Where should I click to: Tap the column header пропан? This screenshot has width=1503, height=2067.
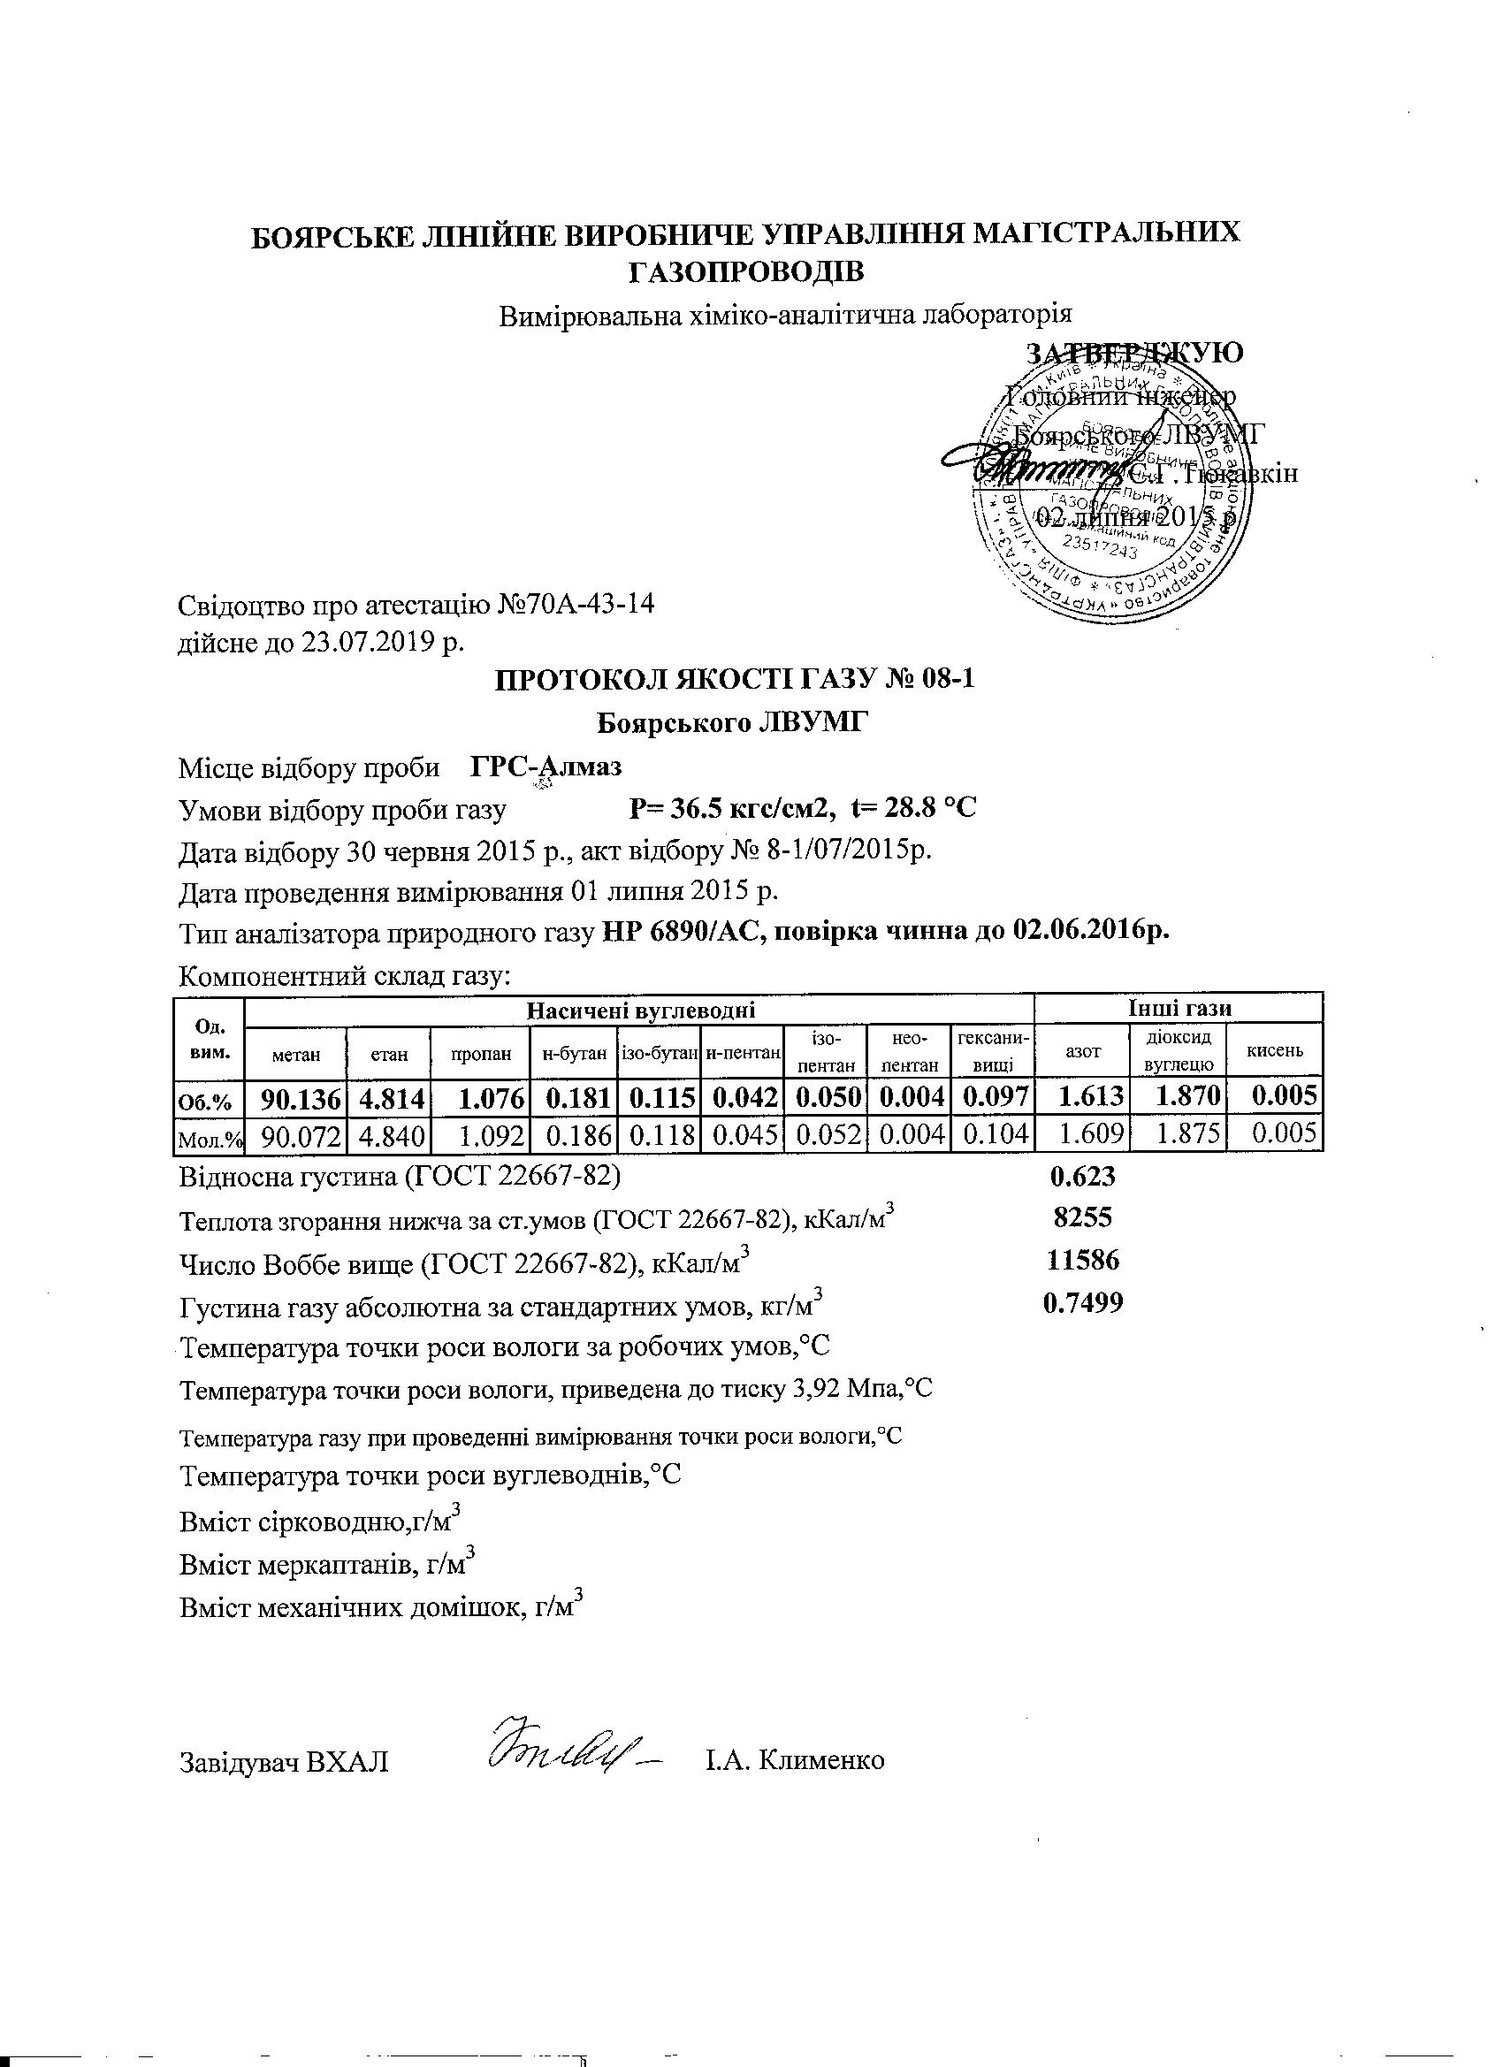[x=480, y=1054]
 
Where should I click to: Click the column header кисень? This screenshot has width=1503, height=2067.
[x=1274, y=1051]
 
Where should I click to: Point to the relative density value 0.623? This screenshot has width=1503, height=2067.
[x=1082, y=1177]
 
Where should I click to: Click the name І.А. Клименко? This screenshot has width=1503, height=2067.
[x=793, y=1760]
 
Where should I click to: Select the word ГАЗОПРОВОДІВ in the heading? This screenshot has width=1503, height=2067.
[x=745, y=271]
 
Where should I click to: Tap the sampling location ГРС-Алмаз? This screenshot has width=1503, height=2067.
[x=546, y=767]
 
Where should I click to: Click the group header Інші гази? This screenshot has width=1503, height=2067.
[x=1179, y=1008]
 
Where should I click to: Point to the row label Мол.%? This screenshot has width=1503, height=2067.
[x=209, y=1136]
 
